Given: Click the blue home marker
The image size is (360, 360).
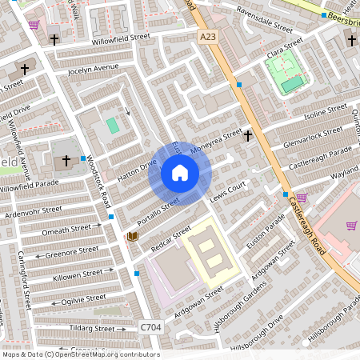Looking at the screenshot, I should (180, 174).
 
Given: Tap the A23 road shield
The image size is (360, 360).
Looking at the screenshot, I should (208, 37).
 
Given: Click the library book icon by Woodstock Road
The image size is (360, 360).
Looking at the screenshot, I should (133, 236).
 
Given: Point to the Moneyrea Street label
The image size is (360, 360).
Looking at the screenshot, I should (214, 142).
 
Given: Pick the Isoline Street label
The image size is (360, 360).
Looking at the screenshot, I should (325, 114).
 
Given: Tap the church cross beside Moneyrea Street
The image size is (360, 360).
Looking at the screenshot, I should (248, 137).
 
